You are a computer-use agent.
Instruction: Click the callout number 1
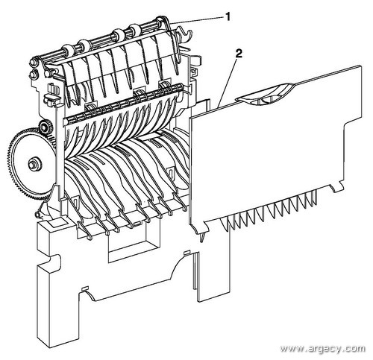[x=228, y=17]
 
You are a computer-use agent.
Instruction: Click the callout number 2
[x=238, y=54]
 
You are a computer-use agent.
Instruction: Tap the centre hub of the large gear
[x=33, y=164]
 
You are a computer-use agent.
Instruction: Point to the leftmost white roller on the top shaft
[x=67, y=49]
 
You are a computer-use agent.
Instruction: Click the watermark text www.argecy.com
[x=322, y=348]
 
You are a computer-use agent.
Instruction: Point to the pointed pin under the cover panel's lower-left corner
[x=202, y=237]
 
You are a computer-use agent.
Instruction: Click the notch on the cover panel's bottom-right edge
[x=335, y=188]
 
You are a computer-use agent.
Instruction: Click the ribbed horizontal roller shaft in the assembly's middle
[x=122, y=104]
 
